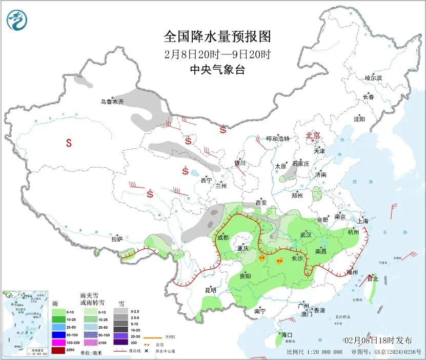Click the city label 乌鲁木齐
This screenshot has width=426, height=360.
tap(112, 102)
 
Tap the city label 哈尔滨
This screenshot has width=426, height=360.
tap(373, 78)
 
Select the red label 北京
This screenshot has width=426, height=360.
tap(313, 135)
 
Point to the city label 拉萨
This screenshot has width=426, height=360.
tap(117, 238)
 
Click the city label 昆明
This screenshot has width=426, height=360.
tap(211, 290)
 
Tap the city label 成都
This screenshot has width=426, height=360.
tap(222, 237)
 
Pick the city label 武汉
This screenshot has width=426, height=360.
tap(306, 234)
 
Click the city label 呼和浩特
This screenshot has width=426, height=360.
tap(278, 139)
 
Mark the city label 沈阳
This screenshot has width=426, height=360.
tap(359, 119)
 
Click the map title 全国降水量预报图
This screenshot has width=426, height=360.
tap(217, 37)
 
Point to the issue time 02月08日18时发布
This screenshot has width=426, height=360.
tap(378, 341)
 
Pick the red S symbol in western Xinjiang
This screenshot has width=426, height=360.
tap(69, 144)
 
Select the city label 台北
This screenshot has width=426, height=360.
tap(372, 278)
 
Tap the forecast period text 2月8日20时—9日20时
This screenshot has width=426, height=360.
tap(217, 54)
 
